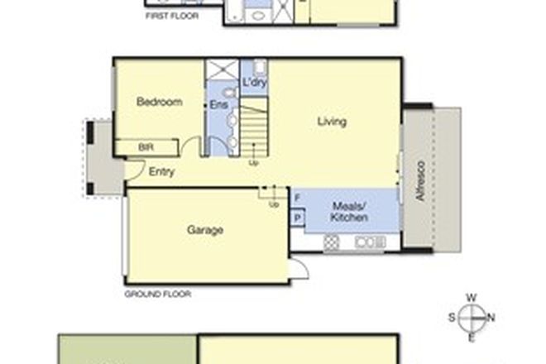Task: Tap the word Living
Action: click(331, 122)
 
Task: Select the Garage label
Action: click(205, 231)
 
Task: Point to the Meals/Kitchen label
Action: click(349, 211)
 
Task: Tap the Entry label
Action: click(160, 172)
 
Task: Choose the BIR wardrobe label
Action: click(146, 147)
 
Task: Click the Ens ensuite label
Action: click(217, 106)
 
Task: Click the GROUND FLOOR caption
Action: click(157, 294)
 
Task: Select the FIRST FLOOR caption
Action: click(171, 15)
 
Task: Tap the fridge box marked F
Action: click(297, 199)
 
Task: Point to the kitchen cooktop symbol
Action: click(333, 242)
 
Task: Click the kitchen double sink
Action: click(365, 242)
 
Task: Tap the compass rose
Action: click(471, 316)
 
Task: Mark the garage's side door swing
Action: click(299, 269)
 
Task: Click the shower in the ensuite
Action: click(221, 69)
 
